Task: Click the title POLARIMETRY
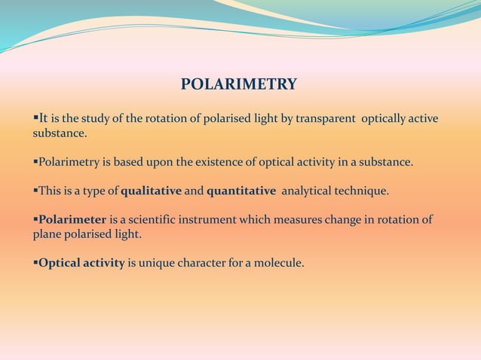click(239, 84)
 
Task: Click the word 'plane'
click(46, 234)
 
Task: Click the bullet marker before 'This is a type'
click(35, 191)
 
